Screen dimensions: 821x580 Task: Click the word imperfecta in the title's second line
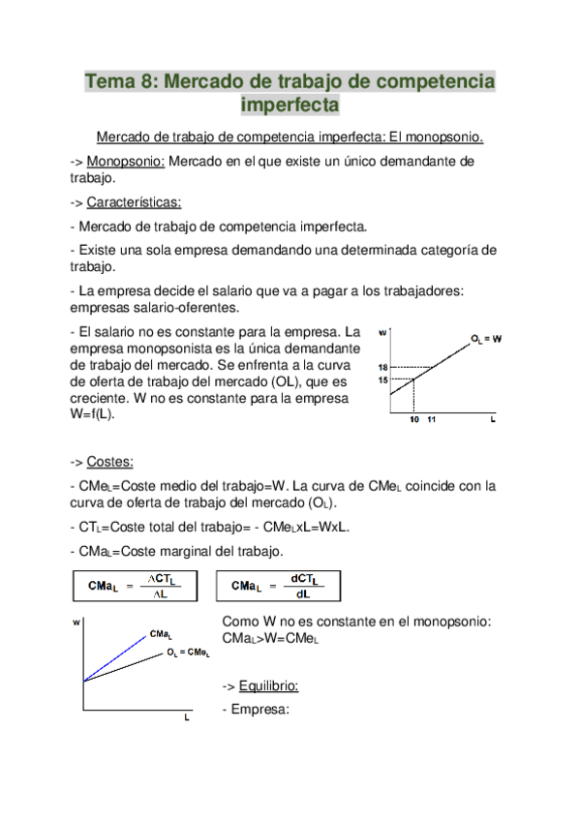pos(290,103)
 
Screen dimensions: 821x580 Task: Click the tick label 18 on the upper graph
pos(383,367)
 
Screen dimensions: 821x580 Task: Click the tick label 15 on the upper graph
pos(383,380)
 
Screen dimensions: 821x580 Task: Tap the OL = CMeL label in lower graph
pos(188,654)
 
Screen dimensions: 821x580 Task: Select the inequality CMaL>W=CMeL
pos(270,639)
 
